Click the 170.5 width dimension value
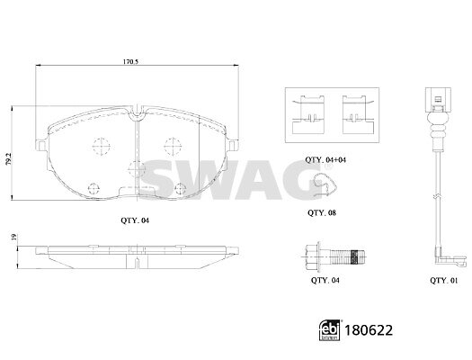pos(130,62)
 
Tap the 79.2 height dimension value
pos(9,158)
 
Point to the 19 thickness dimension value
pos(13,237)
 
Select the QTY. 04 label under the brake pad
pos(135,220)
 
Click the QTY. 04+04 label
pos(325,160)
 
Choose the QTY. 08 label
pos(322,213)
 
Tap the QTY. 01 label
pos(443,281)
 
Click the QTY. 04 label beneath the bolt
pos(325,280)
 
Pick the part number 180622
pos(369,330)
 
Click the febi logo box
pos(330,330)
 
